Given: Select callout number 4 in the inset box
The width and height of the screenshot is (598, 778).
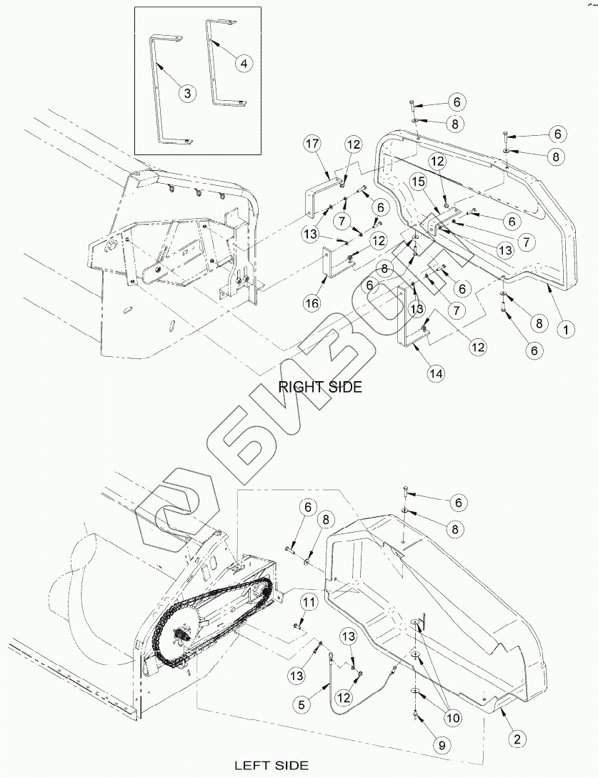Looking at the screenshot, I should coord(244,63).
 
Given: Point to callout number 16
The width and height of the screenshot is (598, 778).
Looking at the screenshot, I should coord(312,304).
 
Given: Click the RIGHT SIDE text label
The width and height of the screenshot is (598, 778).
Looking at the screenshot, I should coord(319,387).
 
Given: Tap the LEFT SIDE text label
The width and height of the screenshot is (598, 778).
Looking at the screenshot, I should coord(271,765).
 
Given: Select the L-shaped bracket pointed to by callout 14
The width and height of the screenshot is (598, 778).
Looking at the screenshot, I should coord(406,322).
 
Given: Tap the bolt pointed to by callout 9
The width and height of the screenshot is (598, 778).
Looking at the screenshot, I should coord(417,714).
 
